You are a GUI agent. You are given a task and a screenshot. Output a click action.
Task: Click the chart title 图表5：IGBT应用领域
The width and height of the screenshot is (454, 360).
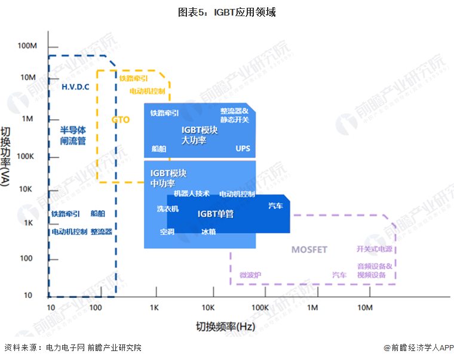coord(226,12)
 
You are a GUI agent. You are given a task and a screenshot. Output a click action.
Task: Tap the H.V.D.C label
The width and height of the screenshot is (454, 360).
coord(75,87)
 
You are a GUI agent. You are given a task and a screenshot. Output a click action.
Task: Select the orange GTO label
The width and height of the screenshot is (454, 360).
coord(120,119)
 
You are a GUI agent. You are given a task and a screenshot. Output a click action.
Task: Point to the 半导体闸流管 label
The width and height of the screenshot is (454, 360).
coord(73,136)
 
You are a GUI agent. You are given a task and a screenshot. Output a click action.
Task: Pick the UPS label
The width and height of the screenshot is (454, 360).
coord(243,148)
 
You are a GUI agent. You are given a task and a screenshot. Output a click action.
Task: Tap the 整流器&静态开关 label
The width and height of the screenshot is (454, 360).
coord(234,115)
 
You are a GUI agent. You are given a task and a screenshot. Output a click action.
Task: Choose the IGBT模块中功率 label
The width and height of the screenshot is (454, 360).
coord(168,178)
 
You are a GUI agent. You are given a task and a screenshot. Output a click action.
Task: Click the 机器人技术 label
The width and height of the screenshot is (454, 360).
coord(192,193)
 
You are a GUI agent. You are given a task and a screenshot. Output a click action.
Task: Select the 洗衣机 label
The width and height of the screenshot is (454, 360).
coord(168,209)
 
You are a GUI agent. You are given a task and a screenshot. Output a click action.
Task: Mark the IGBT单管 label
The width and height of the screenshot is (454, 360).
coord(216,214)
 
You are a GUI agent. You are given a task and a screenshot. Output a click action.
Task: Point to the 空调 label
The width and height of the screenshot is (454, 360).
coord(167,232)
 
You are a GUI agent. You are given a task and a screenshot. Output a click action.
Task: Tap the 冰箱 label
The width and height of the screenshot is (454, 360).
coord(208,232)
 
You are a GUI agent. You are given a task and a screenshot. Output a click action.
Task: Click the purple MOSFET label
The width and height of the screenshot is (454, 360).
coord(309,250)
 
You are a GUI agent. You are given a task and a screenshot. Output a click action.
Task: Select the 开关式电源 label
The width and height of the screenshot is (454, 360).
coord(374,249)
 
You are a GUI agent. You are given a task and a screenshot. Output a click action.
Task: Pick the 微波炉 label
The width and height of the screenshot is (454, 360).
coord(250,275)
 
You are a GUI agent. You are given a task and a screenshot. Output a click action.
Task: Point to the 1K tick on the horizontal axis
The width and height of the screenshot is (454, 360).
coord(154,307)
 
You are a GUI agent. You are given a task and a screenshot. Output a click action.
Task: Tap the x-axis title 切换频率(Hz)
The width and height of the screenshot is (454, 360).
coord(225,327)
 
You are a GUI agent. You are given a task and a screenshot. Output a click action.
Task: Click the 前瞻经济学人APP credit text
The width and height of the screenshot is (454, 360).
coord(419,348)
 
